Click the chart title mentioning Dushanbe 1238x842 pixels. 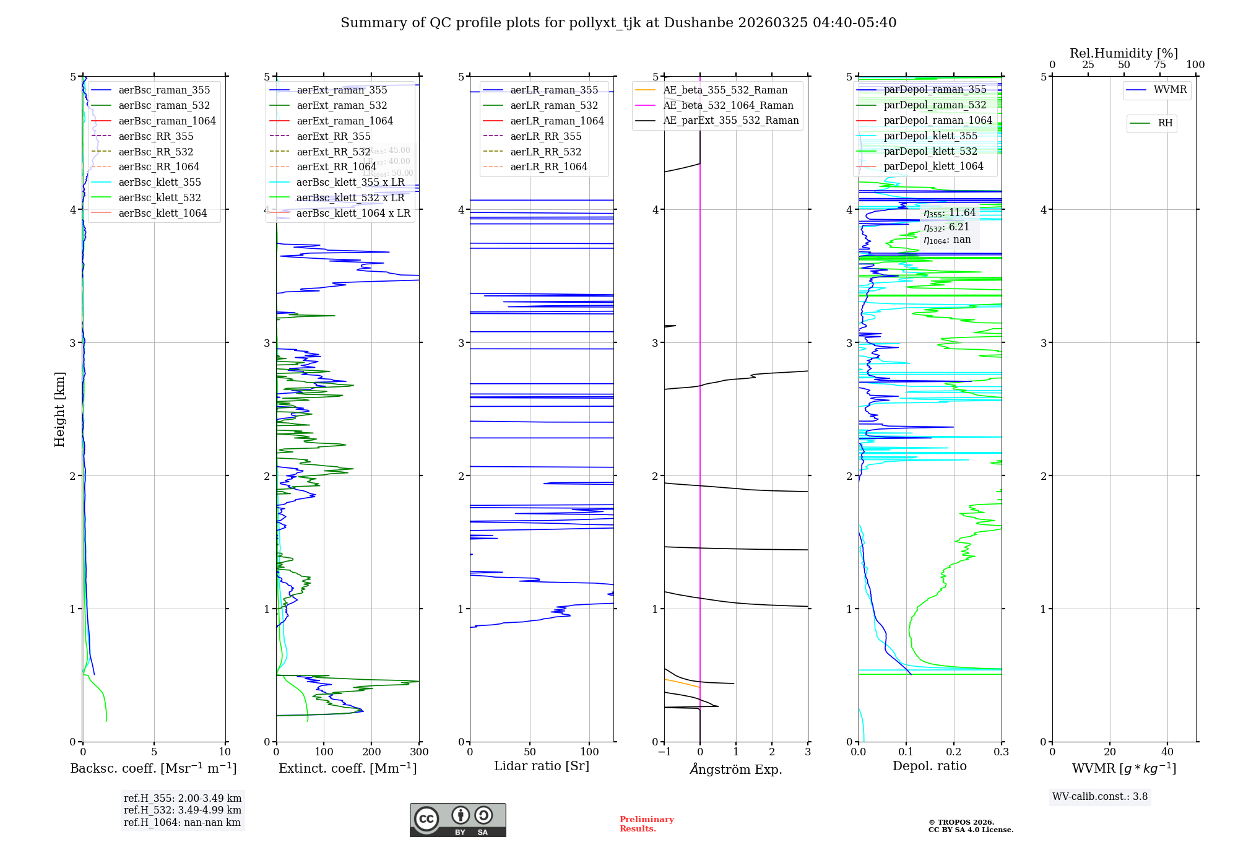coord(618,23)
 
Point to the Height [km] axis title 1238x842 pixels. coord(59,409)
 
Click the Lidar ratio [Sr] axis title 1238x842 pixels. coord(542,766)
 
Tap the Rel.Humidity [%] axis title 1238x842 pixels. coord(1123,53)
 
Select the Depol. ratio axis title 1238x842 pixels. coord(929,766)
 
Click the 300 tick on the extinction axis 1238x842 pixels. coord(419,752)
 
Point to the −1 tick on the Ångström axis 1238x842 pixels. coord(664,752)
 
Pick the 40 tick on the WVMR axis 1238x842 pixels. coord(1167,752)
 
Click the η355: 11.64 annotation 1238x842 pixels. coord(949,213)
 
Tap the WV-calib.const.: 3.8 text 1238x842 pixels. coord(1099,797)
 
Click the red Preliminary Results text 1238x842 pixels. coord(646,824)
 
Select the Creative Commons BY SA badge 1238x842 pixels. coord(457,820)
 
